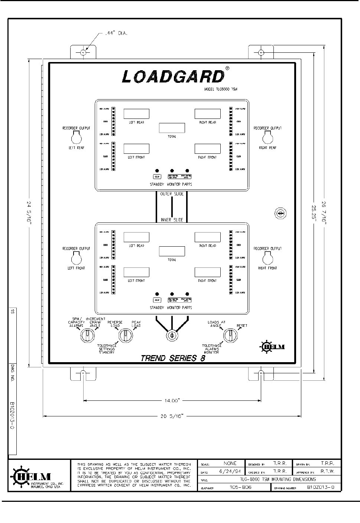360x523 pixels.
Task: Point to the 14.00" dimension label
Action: [172, 401]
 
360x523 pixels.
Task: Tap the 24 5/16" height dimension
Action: [29, 213]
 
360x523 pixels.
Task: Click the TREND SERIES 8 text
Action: [173, 358]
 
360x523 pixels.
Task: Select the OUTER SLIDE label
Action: [172, 194]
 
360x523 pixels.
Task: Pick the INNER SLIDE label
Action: [172, 220]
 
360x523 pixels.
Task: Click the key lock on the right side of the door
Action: [280, 213]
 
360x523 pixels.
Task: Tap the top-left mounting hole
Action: [83, 53]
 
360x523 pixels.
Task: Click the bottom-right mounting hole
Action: [261, 372]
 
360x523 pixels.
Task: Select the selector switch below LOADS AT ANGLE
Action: [230, 335]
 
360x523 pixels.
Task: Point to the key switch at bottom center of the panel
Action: [172, 335]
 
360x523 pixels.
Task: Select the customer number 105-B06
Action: [240, 487]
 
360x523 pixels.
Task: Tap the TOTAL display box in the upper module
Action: [172, 128]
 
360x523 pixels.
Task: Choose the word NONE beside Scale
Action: [230, 464]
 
